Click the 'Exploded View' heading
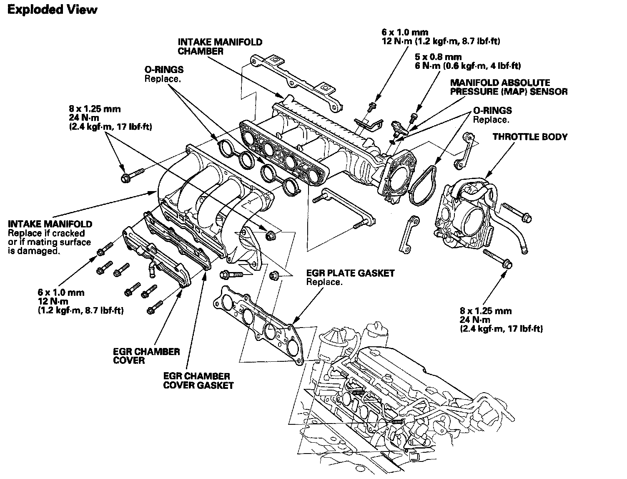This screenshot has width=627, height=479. pyautogui.click(x=52, y=10)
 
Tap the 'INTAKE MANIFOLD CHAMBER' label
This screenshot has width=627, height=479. pyautogui.click(x=220, y=47)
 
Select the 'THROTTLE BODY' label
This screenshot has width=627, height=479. pyautogui.click(x=530, y=137)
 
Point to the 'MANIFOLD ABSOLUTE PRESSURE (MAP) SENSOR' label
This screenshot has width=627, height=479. pyautogui.click(x=509, y=87)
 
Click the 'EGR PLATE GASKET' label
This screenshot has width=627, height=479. pyautogui.click(x=350, y=273)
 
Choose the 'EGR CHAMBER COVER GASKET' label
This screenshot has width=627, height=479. pyautogui.click(x=198, y=381)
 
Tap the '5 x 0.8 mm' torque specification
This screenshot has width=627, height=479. pyautogui.click(x=438, y=57)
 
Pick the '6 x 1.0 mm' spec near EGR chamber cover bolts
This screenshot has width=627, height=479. pyautogui.click(x=61, y=292)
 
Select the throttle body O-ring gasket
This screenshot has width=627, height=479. pyautogui.click(x=423, y=186)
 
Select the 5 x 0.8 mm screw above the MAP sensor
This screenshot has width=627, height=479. pyautogui.click(x=413, y=118)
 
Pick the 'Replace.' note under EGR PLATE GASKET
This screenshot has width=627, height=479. pyautogui.click(x=324, y=282)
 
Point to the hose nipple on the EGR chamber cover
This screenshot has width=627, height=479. pyautogui.click(x=151, y=269)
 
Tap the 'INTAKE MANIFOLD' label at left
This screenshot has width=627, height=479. pyautogui.click(x=50, y=224)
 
